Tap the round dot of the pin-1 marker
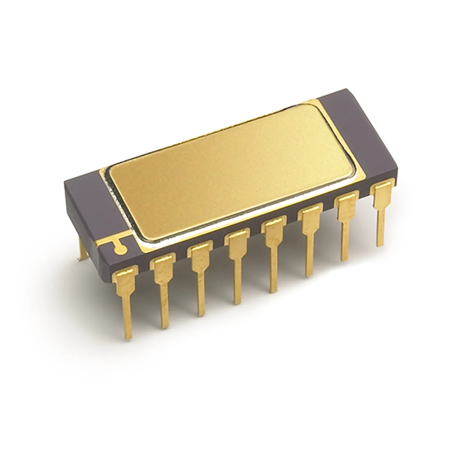coord(120,248)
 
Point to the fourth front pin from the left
coord(237,264)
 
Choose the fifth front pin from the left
coord(273,252)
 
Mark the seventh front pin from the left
coord(346,226)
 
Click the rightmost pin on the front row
coord(381,211)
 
